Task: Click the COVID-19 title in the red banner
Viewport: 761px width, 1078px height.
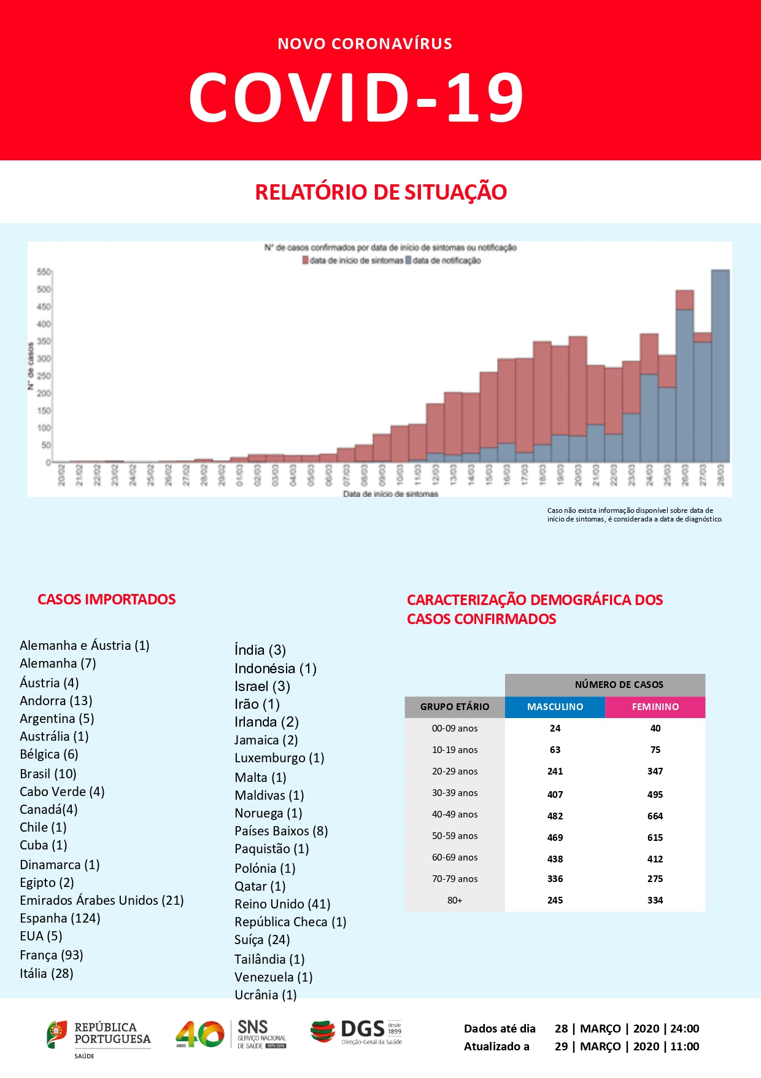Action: click(x=356, y=97)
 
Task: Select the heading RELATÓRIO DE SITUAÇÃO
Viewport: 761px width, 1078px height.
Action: click(x=381, y=192)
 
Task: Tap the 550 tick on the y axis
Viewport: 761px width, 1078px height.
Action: click(x=44, y=271)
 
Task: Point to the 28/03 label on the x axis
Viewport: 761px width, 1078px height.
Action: click(x=721, y=475)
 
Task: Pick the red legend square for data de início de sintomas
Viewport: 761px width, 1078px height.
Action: click(x=305, y=260)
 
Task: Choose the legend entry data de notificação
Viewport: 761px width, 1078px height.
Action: click(x=446, y=260)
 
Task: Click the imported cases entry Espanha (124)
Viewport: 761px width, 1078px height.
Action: click(x=60, y=918)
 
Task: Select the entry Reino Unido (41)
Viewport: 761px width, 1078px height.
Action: click(x=282, y=904)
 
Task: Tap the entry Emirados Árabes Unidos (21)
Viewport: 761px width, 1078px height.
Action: click(x=101, y=900)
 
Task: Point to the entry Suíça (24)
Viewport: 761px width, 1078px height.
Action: click(x=262, y=940)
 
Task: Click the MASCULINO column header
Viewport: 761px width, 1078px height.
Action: click(x=555, y=707)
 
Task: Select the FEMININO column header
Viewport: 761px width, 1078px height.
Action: click(x=655, y=707)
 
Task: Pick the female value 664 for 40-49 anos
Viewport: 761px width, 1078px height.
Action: click(x=655, y=816)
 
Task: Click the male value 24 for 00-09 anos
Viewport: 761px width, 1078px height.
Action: click(x=555, y=728)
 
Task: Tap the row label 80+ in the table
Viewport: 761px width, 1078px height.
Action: click(x=455, y=900)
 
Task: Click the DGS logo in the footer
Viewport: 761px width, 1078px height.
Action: click(x=356, y=1032)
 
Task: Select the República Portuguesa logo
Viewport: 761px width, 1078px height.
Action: click(x=98, y=1035)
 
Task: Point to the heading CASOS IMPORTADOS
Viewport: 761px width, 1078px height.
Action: click(x=107, y=600)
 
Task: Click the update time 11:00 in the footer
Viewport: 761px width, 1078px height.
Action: click(x=685, y=1047)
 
